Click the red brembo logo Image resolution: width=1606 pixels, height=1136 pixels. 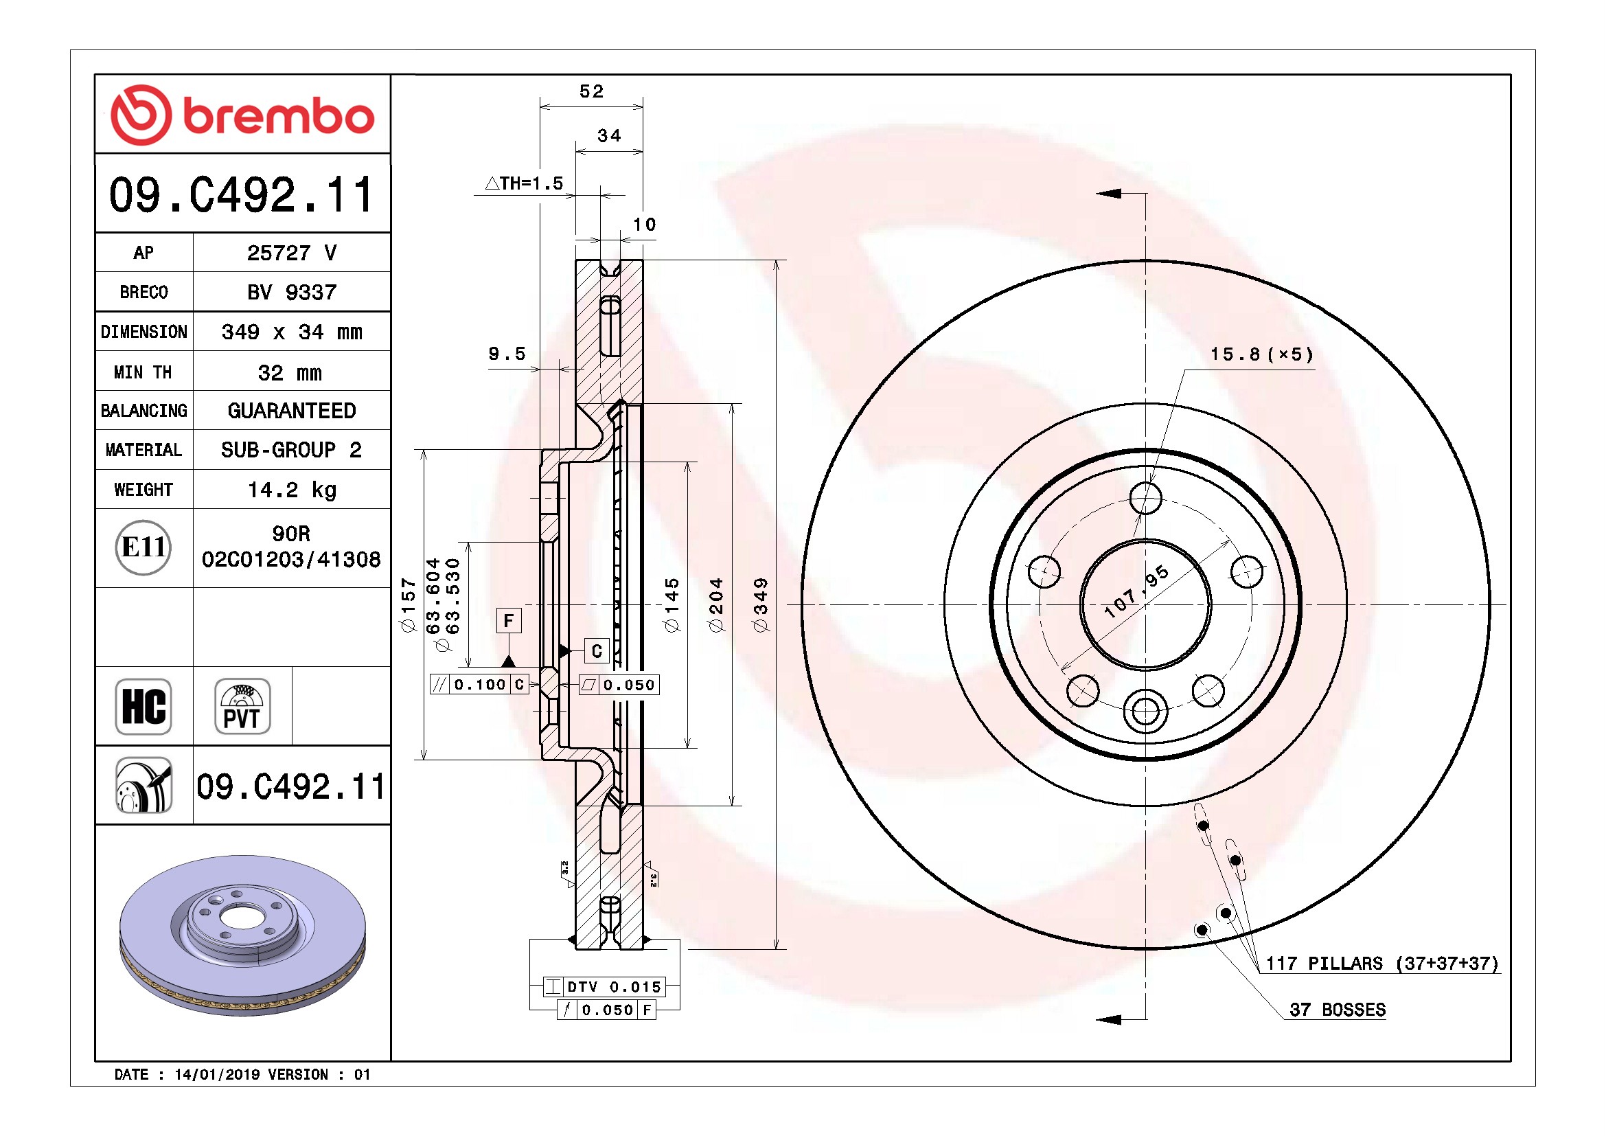(x=242, y=115)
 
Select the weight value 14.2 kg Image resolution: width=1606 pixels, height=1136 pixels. (x=292, y=490)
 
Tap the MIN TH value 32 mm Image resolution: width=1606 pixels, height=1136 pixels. (x=290, y=372)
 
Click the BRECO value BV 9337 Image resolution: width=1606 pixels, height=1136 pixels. (x=292, y=292)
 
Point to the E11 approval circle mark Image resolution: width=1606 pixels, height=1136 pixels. (x=144, y=547)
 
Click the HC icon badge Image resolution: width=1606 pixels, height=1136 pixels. (x=144, y=707)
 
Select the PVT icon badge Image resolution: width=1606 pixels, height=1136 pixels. (x=242, y=707)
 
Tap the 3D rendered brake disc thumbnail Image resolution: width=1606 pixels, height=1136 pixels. (x=242, y=935)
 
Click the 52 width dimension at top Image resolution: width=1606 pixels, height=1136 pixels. (x=591, y=91)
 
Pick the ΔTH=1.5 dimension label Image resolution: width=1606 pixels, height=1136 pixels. (x=524, y=183)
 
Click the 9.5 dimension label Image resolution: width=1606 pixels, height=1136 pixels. (x=507, y=354)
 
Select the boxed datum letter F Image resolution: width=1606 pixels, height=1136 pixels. (x=509, y=620)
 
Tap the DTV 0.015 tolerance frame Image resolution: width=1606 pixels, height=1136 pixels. (x=604, y=987)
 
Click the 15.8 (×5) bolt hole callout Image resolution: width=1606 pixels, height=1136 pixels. (x=1262, y=354)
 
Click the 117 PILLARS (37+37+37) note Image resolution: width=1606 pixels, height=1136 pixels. (x=1382, y=963)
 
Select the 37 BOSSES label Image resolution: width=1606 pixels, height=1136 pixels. (x=1338, y=1010)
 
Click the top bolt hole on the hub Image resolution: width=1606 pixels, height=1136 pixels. (x=1146, y=498)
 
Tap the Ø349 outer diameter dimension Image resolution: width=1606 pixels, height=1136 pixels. (x=760, y=605)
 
